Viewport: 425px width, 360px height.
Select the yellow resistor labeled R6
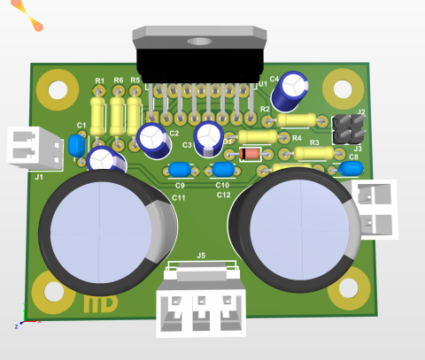(x=118, y=113)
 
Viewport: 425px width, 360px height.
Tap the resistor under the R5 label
(x=135, y=112)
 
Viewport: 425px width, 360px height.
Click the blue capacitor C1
(x=77, y=144)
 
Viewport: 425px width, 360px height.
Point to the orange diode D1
(x=251, y=155)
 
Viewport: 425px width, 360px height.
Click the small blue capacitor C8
(x=348, y=169)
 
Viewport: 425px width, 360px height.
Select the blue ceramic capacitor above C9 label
(x=180, y=170)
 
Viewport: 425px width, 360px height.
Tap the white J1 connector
(x=36, y=147)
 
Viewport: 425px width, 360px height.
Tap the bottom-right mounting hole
(x=349, y=288)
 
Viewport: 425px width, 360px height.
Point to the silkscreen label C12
(x=223, y=195)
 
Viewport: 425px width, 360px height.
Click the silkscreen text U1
(x=263, y=84)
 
